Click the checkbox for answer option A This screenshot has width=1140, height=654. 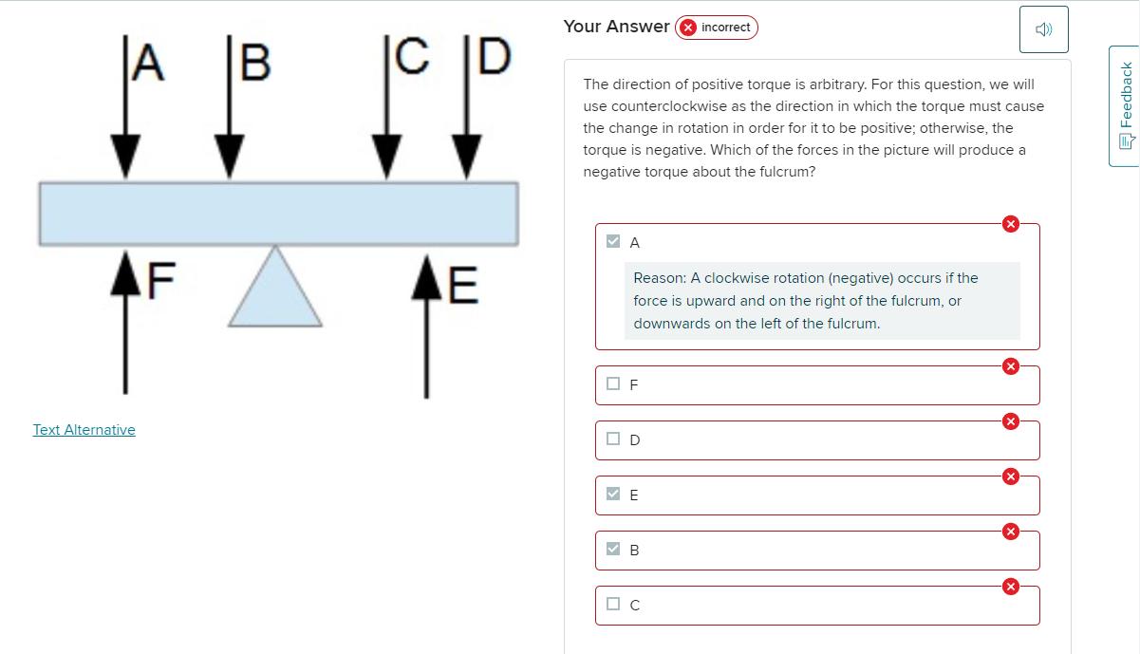click(x=614, y=241)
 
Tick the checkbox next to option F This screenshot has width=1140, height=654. click(x=614, y=384)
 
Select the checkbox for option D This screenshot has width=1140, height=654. click(x=614, y=439)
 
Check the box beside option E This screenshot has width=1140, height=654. click(x=614, y=494)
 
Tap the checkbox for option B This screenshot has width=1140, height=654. click(x=614, y=549)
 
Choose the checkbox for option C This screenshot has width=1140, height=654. click(x=614, y=604)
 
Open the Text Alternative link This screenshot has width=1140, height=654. click(x=84, y=430)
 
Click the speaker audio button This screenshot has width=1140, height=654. click(x=1044, y=29)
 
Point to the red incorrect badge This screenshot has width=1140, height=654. click(x=717, y=28)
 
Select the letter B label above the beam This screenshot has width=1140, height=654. click(x=254, y=61)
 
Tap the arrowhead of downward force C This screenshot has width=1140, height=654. click(x=384, y=156)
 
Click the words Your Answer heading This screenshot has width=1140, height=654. click(x=616, y=27)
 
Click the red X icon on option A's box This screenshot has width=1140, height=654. click(x=1011, y=224)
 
